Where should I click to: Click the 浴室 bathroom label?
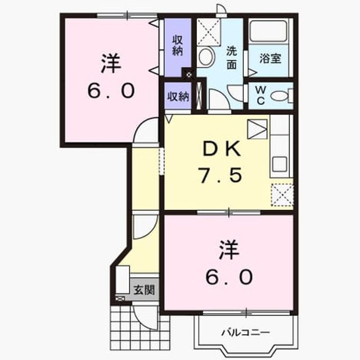pyautogui.click(x=270, y=58)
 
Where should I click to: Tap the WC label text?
pyautogui.click(x=260, y=96)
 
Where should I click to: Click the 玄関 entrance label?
pyautogui.click(x=144, y=290)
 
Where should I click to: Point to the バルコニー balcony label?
pyautogui.click(x=246, y=332)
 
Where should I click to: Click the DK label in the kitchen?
pyautogui.click(x=222, y=148)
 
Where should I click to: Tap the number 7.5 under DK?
pyautogui.click(x=220, y=175)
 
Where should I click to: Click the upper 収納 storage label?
pyautogui.click(x=178, y=46)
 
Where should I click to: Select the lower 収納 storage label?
pyautogui.click(x=178, y=96)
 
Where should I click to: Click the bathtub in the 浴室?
pyautogui.click(x=268, y=31)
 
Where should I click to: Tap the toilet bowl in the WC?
pyautogui.click(x=279, y=96)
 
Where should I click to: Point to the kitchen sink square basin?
pyautogui.click(x=280, y=164)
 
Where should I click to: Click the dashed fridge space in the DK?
pyautogui.click(x=282, y=195)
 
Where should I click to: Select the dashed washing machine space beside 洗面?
pyautogui.click(x=209, y=32)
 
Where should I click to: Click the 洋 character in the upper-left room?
pyautogui.click(x=111, y=63)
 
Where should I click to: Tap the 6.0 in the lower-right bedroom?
pyautogui.click(x=229, y=277)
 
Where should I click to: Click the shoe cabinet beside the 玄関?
pyautogui.click(x=123, y=280)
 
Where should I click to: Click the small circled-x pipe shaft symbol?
pyautogui.click(x=189, y=74)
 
